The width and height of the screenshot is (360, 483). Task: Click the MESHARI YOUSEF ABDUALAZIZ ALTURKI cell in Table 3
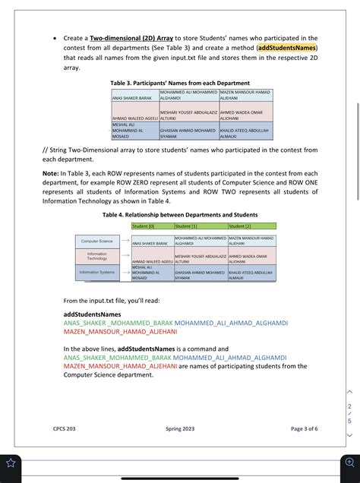(x=188, y=115)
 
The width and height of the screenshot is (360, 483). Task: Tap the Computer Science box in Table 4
(x=97, y=241)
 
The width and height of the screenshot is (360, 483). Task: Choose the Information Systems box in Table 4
(x=97, y=272)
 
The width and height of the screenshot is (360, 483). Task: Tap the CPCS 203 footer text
(x=65, y=429)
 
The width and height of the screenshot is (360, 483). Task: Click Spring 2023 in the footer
(x=180, y=429)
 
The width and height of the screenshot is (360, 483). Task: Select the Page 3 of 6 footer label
(x=304, y=429)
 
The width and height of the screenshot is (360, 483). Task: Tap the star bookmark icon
(x=12, y=462)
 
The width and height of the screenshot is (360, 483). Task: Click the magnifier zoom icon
(x=348, y=462)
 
